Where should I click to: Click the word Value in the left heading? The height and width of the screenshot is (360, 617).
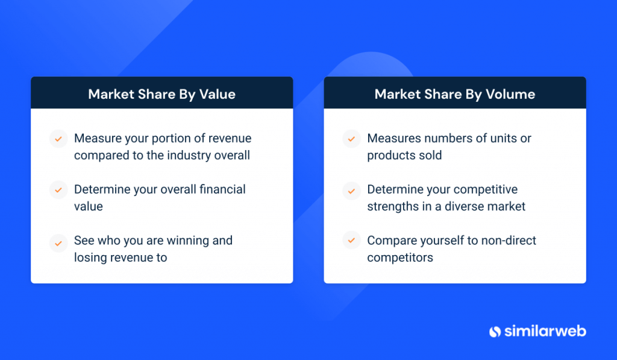(x=217, y=95)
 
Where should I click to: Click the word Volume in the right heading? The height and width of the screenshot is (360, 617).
(x=510, y=95)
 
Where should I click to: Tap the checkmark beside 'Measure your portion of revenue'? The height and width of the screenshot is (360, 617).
(x=58, y=139)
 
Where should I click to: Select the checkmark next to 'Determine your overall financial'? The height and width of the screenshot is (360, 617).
(x=58, y=190)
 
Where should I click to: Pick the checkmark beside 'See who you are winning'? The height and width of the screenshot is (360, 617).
(x=58, y=243)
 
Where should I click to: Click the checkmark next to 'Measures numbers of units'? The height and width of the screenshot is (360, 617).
(x=351, y=139)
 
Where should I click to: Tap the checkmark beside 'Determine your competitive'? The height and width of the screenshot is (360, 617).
(x=351, y=191)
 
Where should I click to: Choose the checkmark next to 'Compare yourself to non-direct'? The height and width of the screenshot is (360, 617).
(x=351, y=240)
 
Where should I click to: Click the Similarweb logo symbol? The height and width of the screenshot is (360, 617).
(x=495, y=332)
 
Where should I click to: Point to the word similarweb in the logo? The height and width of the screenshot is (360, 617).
(x=545, y=331)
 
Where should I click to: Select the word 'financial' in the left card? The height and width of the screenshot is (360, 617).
(x=222, y=189)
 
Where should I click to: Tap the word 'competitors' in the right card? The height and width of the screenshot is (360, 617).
(x=400, y=258)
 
